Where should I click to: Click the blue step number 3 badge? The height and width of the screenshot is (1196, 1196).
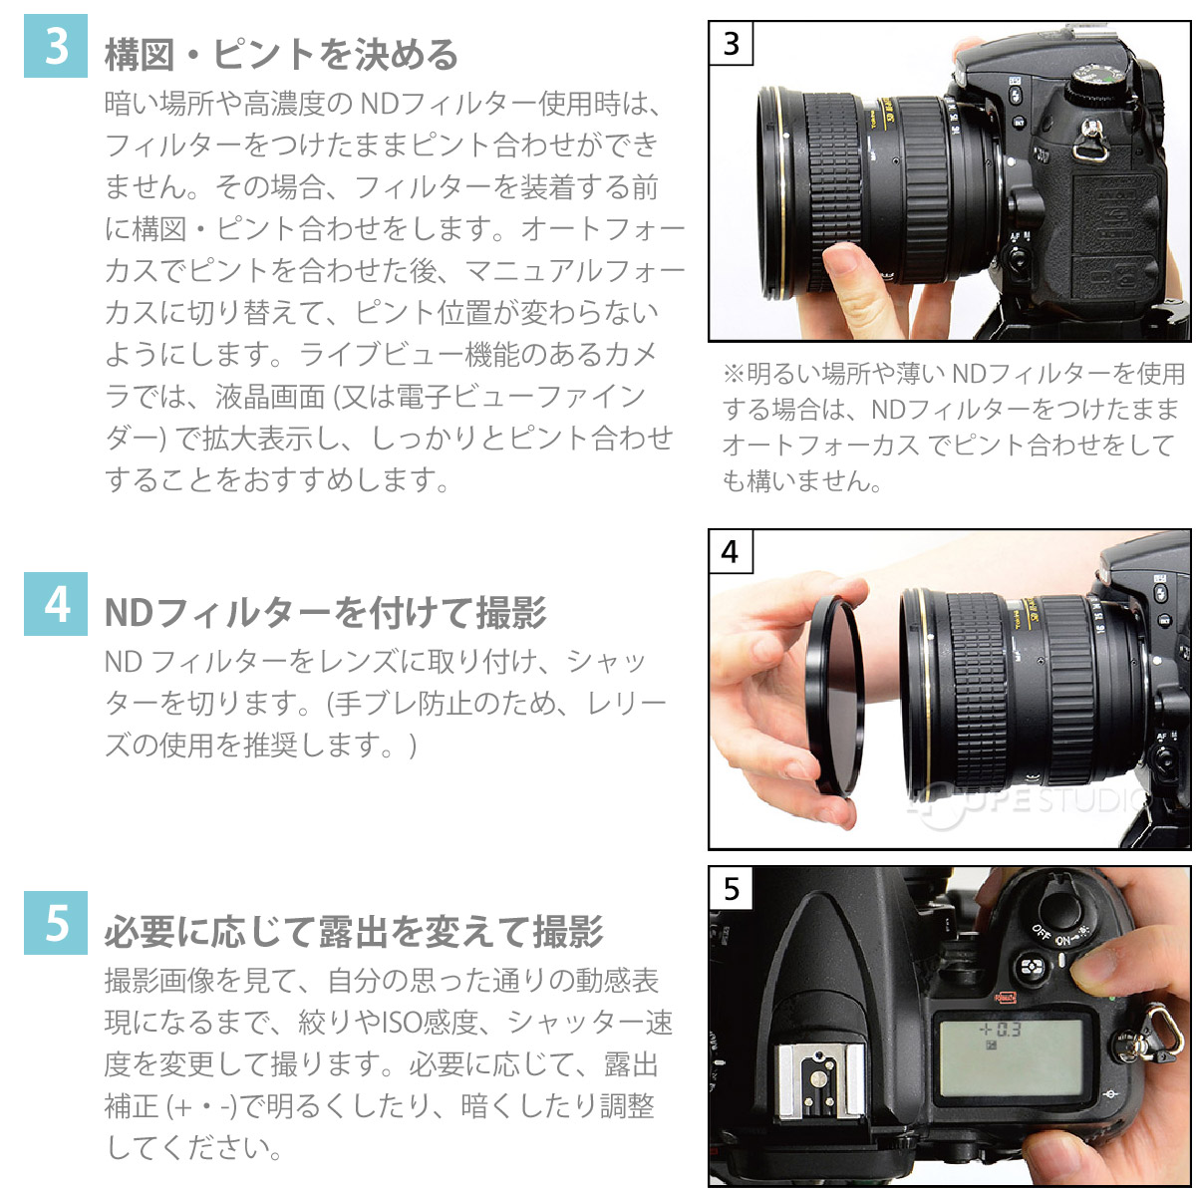[x=57, y=46]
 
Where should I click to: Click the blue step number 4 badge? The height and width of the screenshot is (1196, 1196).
[x=57, y=604]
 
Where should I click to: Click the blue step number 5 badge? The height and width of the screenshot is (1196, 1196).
[x=57, y=923]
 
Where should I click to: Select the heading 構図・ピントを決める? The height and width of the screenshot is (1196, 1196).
[x=282, y=54]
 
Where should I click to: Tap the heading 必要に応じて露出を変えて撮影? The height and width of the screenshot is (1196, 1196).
[x=354, y=932]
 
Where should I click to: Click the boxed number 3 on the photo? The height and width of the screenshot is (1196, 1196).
[x=732, y=44]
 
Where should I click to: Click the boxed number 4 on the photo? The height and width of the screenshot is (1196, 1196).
[x=732, y=551]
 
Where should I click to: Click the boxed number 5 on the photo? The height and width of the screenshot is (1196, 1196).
[x=732, y=887]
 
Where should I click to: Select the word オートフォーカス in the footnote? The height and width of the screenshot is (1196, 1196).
[x=819, y=445]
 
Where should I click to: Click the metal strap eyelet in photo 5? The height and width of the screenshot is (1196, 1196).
[x=1159, y=1027]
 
